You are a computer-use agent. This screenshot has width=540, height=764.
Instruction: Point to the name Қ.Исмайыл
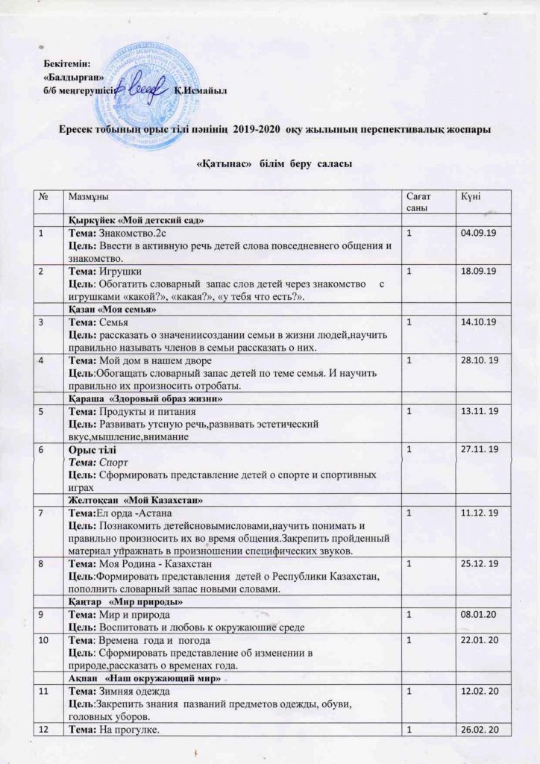click(x=199, y=91)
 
